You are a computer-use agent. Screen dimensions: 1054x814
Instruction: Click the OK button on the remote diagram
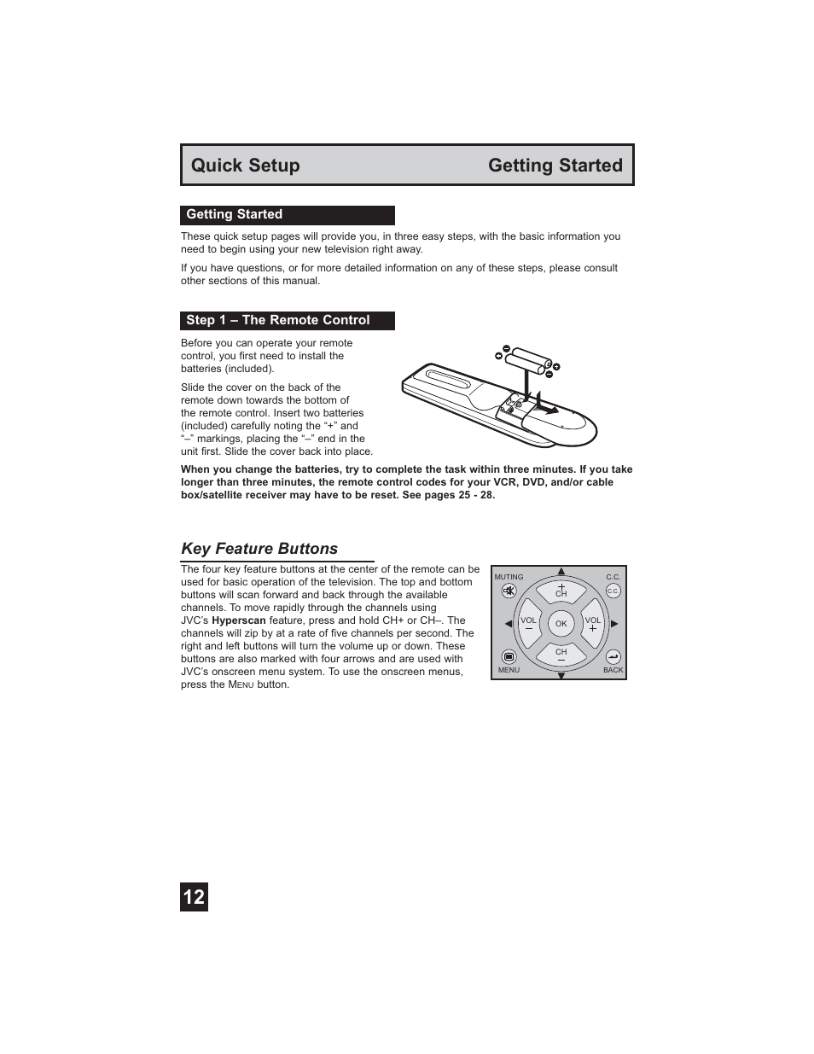pyautogui.click(x=561, y=624)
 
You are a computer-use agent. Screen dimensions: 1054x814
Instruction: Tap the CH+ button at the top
pyautogui.click(x=561, y=591)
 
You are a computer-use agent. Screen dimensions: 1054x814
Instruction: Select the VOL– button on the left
pyautogui.click(x=528, y=624)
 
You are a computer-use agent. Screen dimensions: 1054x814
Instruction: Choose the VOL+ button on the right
pyautogui.click(x=593, y=624)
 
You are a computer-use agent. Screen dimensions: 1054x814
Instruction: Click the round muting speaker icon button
pyautogui.click(x=509, y=591)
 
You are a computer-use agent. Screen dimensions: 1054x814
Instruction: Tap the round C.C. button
pyautogui.click(x=613, y=591)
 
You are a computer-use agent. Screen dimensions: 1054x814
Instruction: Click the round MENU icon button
pyautogui.click(x=509, y=656)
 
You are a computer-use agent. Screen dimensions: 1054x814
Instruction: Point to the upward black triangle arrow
pyautogui.click(x=561, y=572)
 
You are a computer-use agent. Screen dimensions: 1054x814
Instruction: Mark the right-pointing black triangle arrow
pyautogui.click(x=614, y=624)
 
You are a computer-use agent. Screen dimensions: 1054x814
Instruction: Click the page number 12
pyautogui.click(x=194, y=897)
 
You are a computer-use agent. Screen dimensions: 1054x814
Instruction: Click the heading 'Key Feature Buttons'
pyautogui.click(x=259, y=549)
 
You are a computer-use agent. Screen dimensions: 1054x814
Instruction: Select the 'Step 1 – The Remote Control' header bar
pyautogui.click(x=287, y=321)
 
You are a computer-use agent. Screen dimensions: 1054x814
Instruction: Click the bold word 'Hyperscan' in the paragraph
pyautogui.click(x=239, y=620)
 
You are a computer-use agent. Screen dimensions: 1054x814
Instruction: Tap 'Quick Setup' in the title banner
pyautogui.click(x=246, y=166)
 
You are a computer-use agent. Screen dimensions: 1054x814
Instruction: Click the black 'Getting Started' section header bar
pyautogui.click(x=287, y=215)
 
